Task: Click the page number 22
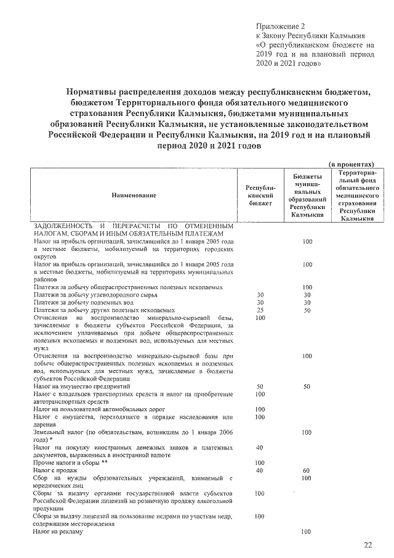point(368,544)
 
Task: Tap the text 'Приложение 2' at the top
point(280,27)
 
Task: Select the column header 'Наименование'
point(134,195)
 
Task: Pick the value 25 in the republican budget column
point(259,310)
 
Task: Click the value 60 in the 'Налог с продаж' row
point(307,470)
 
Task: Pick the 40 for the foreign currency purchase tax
point(259,447)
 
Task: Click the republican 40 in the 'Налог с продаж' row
point(259,470)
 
